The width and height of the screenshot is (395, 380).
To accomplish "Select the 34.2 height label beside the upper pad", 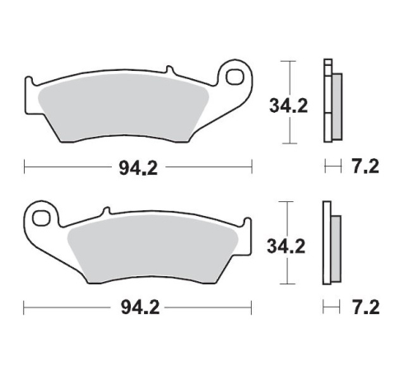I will click(288, 106).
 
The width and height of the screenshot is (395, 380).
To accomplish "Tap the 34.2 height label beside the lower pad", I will click(288, 245).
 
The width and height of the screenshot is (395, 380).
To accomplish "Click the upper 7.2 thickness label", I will click(365, 167).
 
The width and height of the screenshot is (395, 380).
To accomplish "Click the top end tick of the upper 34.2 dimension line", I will click(288, 61).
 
